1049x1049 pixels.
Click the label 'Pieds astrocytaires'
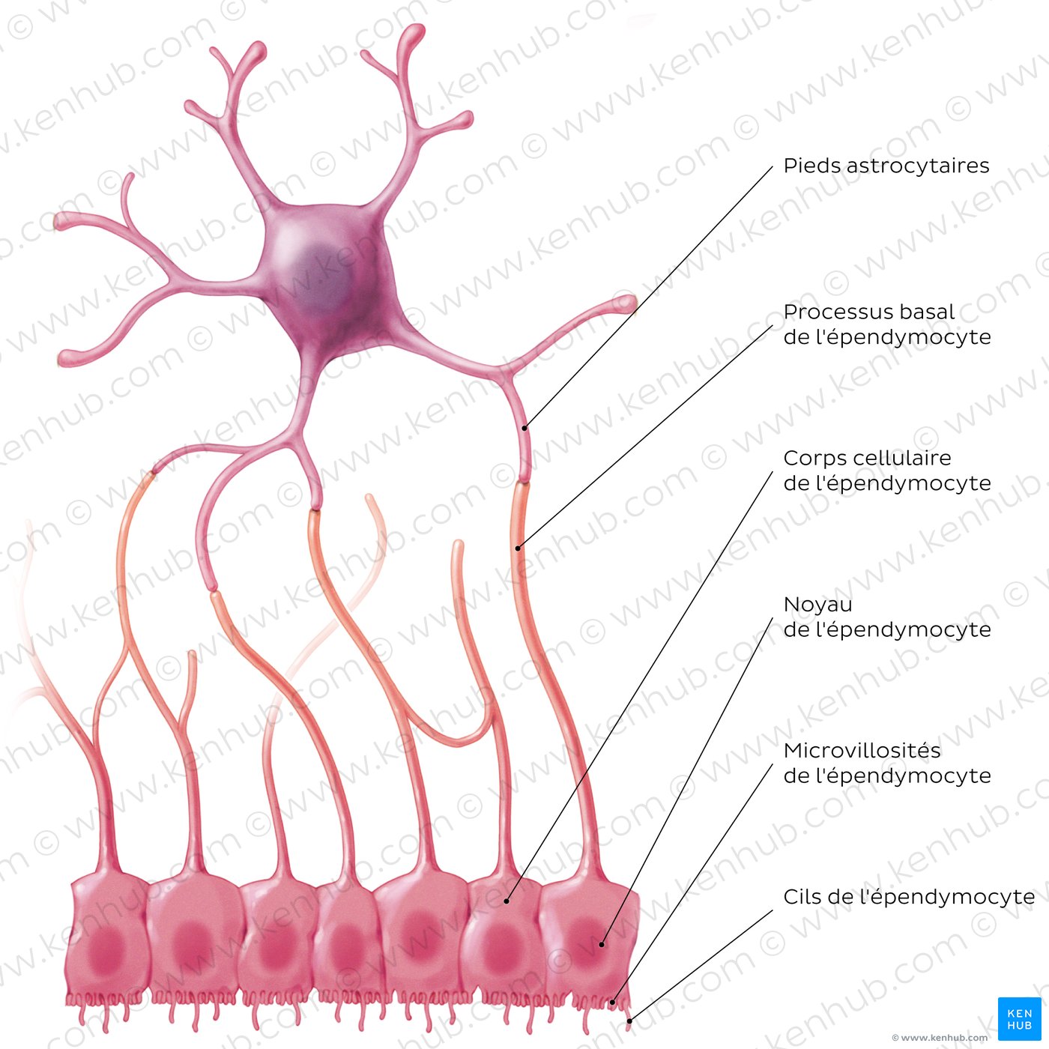point(886,166)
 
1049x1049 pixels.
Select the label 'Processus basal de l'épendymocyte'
point(886,324)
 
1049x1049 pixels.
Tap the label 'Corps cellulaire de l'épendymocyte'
point(886,471)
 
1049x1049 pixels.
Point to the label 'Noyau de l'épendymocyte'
point(886,617)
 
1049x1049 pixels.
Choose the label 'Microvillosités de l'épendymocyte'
point(886,763)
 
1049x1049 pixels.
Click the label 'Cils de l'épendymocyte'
point(909,897)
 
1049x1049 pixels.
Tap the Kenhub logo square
point(1019,1018)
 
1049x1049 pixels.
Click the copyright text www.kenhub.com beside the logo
point(939,1038)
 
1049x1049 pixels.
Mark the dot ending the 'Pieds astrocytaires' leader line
point(524,429)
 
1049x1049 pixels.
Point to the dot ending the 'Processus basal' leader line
point(518,548)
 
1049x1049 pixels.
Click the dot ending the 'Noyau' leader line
point(602,945)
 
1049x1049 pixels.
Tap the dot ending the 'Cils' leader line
point(629,1021)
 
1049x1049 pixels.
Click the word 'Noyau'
point(817,604)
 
